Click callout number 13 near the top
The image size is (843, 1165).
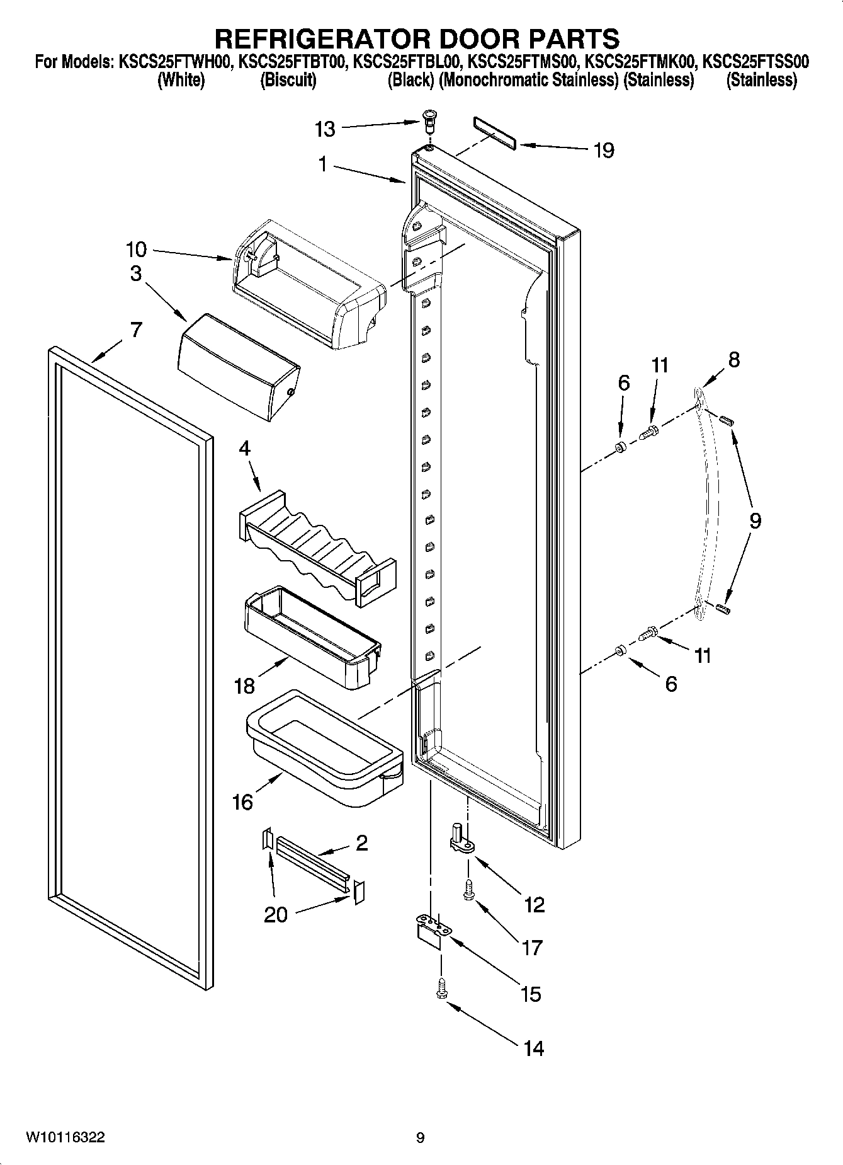pyautogui.click(x=325, y=129)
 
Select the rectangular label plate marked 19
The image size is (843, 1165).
pyautogui.click(x=494, y=133)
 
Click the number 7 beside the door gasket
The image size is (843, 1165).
pyautogui.click(x=136, y=330)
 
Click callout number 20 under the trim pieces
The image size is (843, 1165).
pyautogui.click(x=275, y=914)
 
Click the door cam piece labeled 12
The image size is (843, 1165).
pyautogui.click(x=461, y=839)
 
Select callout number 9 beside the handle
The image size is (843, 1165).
pyautogui.click(x=755, y=520)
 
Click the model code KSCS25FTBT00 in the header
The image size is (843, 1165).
pyautogui.click(x=292, y=62)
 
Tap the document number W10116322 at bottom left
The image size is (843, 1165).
pyautogui.click(x=65, y=1137)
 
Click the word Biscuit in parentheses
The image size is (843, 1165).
pyautogui.click(x=288, y=80)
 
